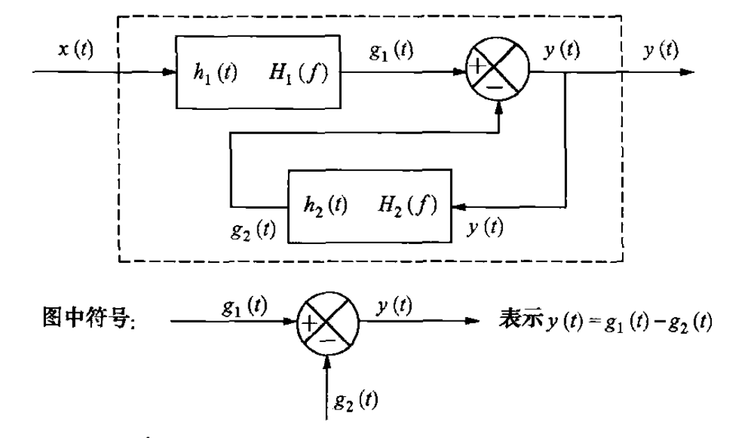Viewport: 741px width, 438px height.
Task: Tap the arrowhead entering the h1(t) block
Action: pyautogui.click(x=168, y=72)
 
